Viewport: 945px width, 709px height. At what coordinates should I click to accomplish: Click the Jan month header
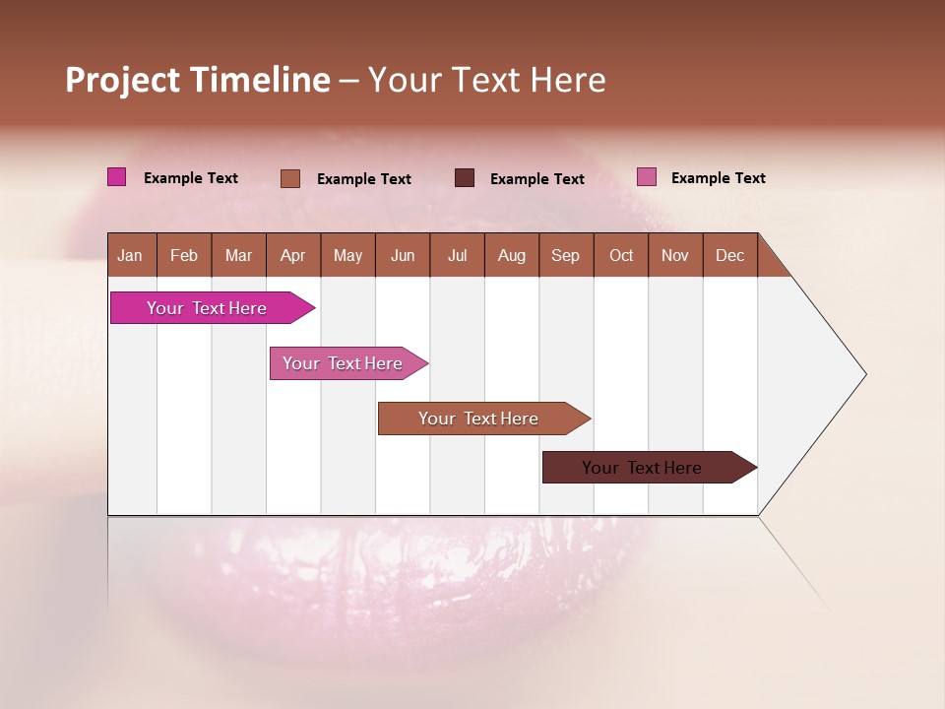pos(130,255)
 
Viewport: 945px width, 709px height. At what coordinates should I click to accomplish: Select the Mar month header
pos(238,255)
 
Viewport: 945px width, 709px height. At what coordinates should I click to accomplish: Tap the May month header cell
pos(347,255)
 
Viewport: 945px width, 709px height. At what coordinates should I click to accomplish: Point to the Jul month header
pos(457,255)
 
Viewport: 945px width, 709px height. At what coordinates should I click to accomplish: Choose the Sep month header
pos(565,255)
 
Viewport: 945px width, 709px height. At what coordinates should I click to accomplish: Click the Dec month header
pos(729,255)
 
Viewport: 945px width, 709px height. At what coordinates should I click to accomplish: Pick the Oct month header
pos(621,255)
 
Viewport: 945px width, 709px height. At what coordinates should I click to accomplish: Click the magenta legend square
pos(117,177)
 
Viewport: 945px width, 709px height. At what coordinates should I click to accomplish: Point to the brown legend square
pos(290,178)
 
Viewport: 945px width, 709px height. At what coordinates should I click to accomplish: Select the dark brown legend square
pos(465,178)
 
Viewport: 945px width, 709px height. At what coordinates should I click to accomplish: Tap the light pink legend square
pos(647,177)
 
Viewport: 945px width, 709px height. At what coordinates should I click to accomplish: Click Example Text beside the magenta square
pos(191,178)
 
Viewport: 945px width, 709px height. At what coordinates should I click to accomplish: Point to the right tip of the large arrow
pos(864,374)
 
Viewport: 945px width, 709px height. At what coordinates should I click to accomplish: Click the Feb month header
pos(184,255)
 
